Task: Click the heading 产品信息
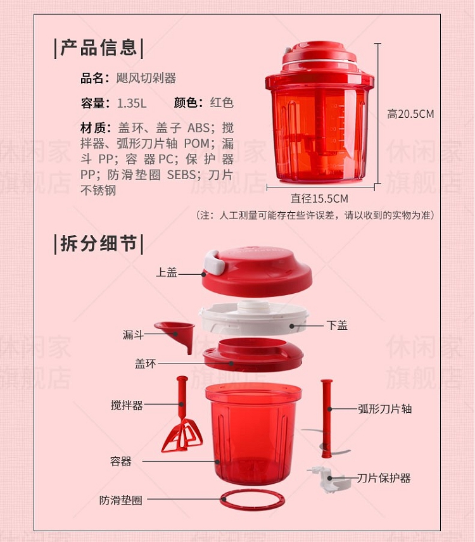click(99, 47)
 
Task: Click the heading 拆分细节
click(99, 243)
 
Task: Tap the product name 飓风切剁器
click(146, 78)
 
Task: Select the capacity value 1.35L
click(132, 103)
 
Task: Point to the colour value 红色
click(222, 103)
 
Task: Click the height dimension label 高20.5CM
click(410, 114)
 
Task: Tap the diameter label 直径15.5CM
click(319, 198)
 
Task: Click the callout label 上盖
click(167, 272)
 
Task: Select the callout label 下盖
click(337, 325)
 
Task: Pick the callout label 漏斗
click(133, 334)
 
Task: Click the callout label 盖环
click(145, 363)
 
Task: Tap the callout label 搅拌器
click(127, 405)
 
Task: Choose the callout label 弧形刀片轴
click(384, 409)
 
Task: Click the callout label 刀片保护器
click(384, 478)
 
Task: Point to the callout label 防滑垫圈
click(121, 500)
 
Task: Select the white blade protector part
click(329, 479)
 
